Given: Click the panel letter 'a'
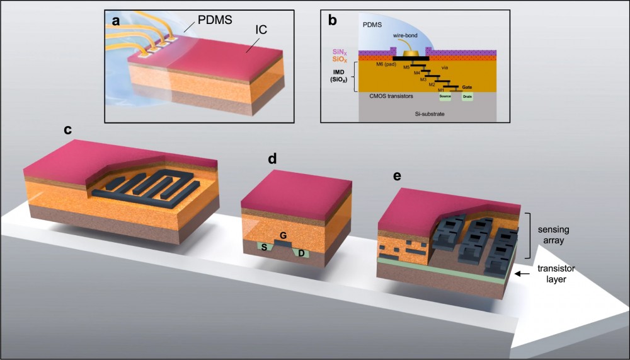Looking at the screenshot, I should pyautogui.click(x=116, y=21).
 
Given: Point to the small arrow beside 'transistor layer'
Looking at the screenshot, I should pyautogui.click(x=521, y=274).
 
